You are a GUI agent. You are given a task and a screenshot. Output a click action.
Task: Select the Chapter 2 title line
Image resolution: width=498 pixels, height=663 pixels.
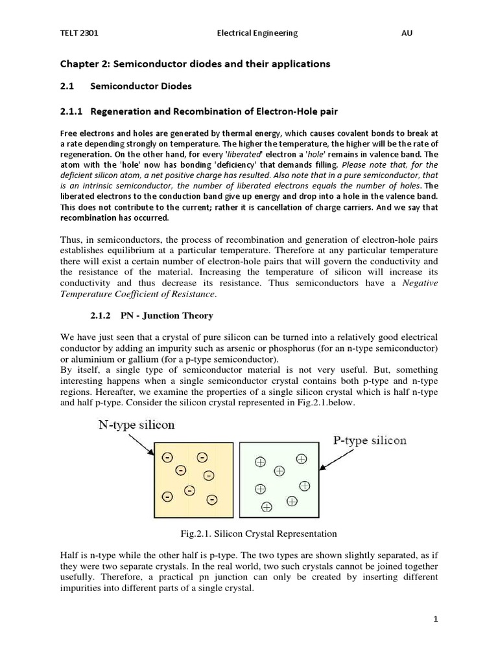(195, 63)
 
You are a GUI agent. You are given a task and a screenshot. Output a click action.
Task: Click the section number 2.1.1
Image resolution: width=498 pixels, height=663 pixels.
(71, 111)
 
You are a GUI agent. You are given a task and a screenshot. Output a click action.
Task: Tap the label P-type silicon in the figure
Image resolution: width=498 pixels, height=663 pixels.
(370, 440)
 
